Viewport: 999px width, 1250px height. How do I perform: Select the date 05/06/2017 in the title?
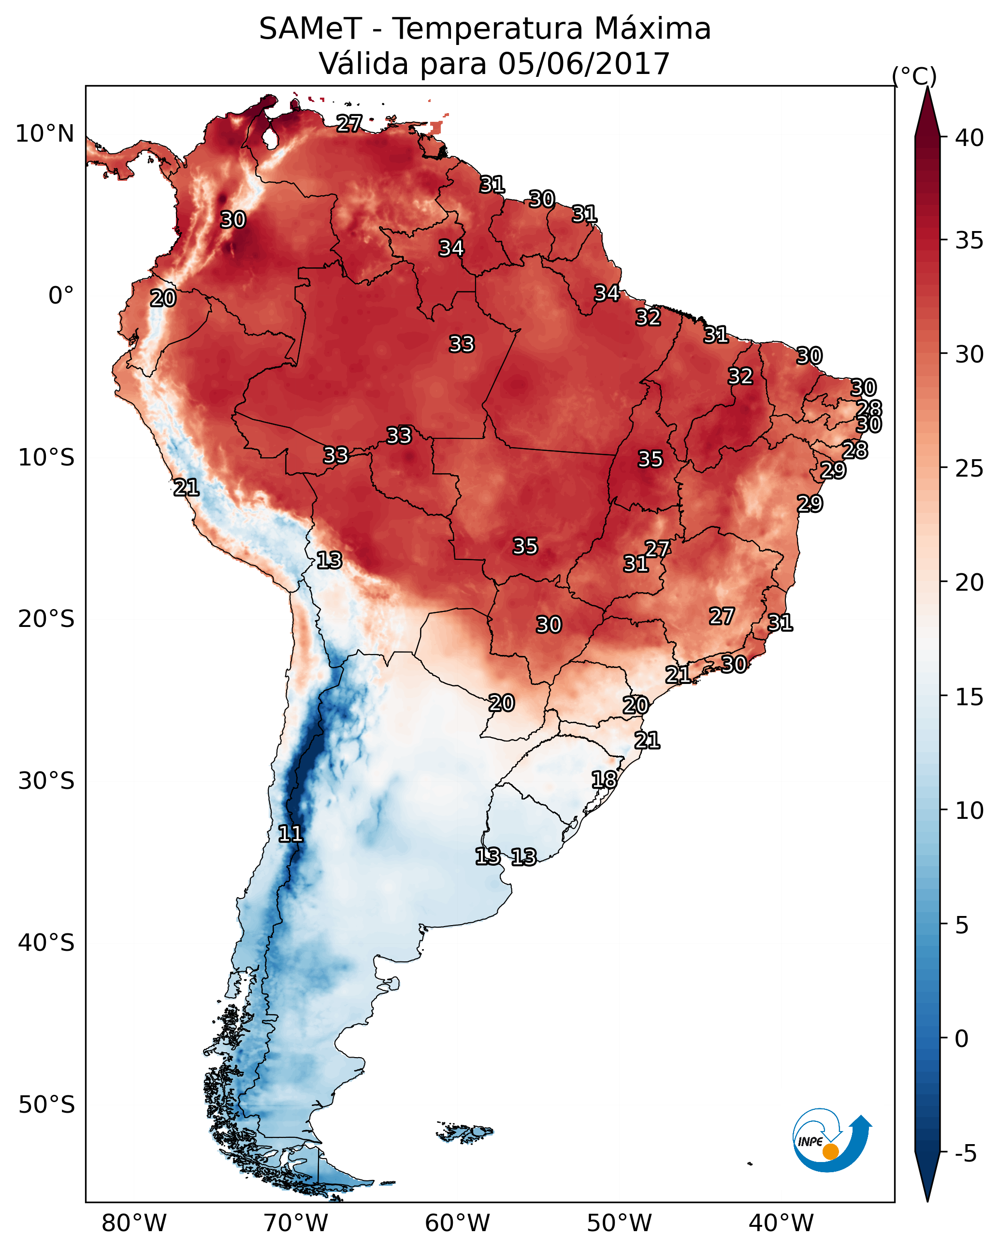[583, 64]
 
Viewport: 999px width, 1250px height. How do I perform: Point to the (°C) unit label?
[914, 76]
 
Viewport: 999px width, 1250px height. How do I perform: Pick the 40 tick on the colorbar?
[970, 138]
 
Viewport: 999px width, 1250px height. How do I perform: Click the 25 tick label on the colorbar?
[970, 468]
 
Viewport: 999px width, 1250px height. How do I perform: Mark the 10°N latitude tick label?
[44, 134]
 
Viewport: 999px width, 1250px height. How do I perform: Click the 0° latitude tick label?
[61, 296]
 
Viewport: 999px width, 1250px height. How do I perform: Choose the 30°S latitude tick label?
[46, 781]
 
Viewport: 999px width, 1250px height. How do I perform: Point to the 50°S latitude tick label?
[46, 1105]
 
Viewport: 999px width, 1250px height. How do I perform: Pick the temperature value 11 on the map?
[290, 834]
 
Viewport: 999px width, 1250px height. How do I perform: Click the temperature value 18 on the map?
[604, 780]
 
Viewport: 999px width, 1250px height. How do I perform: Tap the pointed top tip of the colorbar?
[927, 88]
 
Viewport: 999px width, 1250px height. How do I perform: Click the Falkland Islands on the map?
[467, 1131]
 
